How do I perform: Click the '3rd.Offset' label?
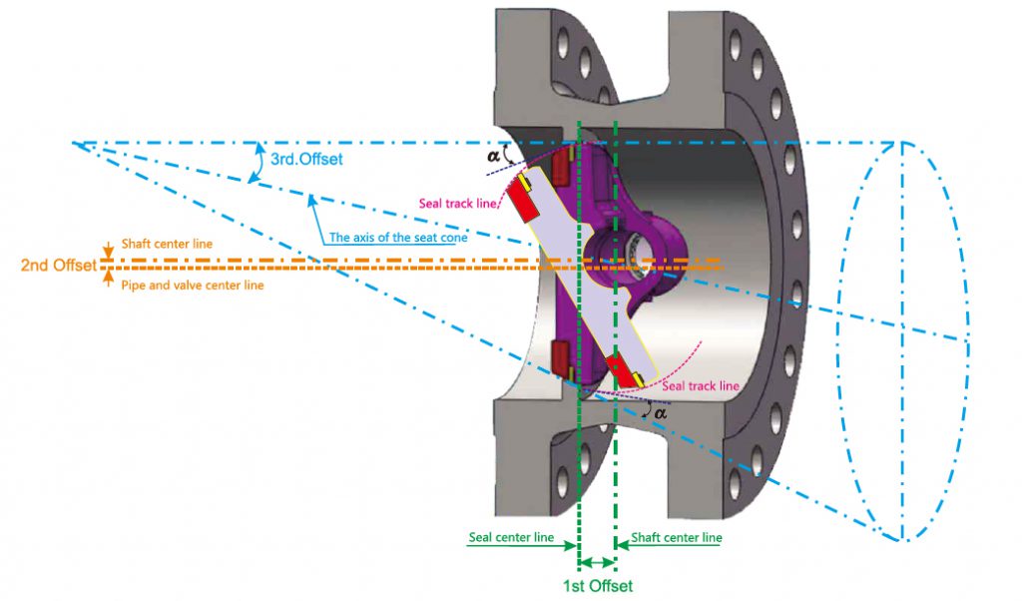[x=306, y=159]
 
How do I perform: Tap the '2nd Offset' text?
[x=59, y=266]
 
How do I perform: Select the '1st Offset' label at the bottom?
[x=598, y=585]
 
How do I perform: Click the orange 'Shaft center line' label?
[x=167, y=244]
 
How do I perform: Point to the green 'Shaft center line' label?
[x=677, y=538]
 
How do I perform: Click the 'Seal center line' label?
[x=511, y=538]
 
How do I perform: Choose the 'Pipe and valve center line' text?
[x=193, y=286]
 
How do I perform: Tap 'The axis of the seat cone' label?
[x=398, y=238]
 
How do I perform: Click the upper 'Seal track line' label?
[x=457, y=204]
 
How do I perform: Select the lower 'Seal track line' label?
[x=701, y=386]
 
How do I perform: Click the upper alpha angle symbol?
[x=493, y=157]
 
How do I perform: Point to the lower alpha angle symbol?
[x=661, y=413]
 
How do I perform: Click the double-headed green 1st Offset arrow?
[x=597, y=562]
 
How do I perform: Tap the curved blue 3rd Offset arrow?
[x=258, y=163]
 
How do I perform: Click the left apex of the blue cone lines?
[x=73, y=143]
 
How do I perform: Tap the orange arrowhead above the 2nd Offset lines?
[x=108, y=252]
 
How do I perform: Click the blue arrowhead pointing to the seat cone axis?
[x=312, y=200]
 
